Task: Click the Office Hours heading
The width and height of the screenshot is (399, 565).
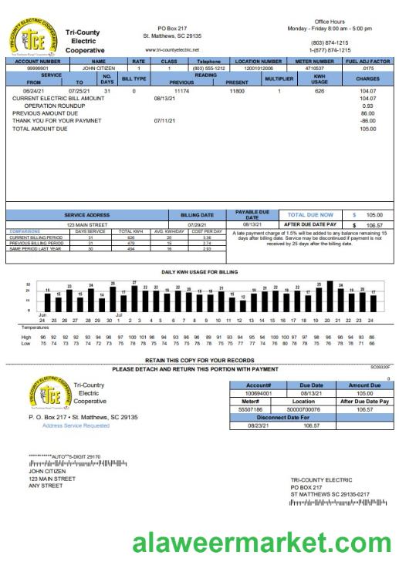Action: pyautogui.click(x=330, y=22)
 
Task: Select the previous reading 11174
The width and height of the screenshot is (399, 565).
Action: pyautogui.click(x=181, y=91)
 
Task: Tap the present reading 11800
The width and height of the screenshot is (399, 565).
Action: pyautogui.click(x=237, y=91)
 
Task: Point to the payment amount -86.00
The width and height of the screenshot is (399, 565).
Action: pyautogui.click(x=367, y=121)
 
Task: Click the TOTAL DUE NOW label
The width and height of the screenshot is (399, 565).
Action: pyautogui.click(x=310, y=215)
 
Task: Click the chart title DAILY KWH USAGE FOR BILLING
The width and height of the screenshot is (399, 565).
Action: pyautogui.click(x=199, y=272)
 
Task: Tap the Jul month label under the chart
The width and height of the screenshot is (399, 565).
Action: pyautogui.click(x=120, y=314)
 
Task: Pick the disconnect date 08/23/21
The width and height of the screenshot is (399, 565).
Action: pyautogui.click(x=258, y=425)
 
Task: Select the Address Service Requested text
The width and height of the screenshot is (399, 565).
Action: pyautogui.click(x=76, y=425)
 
